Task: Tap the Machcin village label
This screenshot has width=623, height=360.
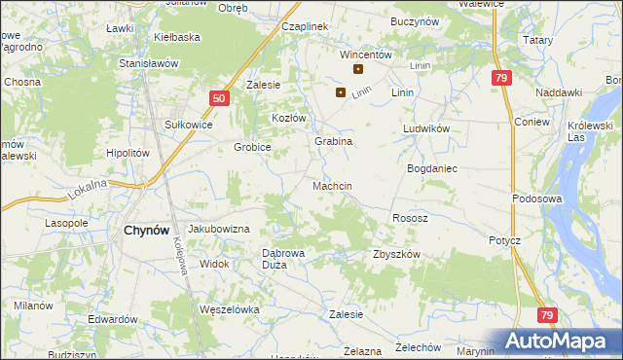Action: coord(332,185)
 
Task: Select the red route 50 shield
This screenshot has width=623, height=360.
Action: coord(219,98)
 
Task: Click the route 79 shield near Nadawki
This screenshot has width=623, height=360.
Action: coord(501,78)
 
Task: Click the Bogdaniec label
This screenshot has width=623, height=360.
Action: coord(431,168)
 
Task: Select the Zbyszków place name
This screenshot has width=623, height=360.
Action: coord(396,254)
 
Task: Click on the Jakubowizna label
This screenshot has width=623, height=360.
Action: coord(219,229)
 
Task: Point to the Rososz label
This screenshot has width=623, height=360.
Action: coord(410,218)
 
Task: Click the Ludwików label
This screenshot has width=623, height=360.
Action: coord(424,128)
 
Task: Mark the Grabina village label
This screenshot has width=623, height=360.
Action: coord(332,141)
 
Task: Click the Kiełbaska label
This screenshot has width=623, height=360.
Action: coord(176,37)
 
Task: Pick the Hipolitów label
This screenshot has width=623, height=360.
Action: coord(127,153)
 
